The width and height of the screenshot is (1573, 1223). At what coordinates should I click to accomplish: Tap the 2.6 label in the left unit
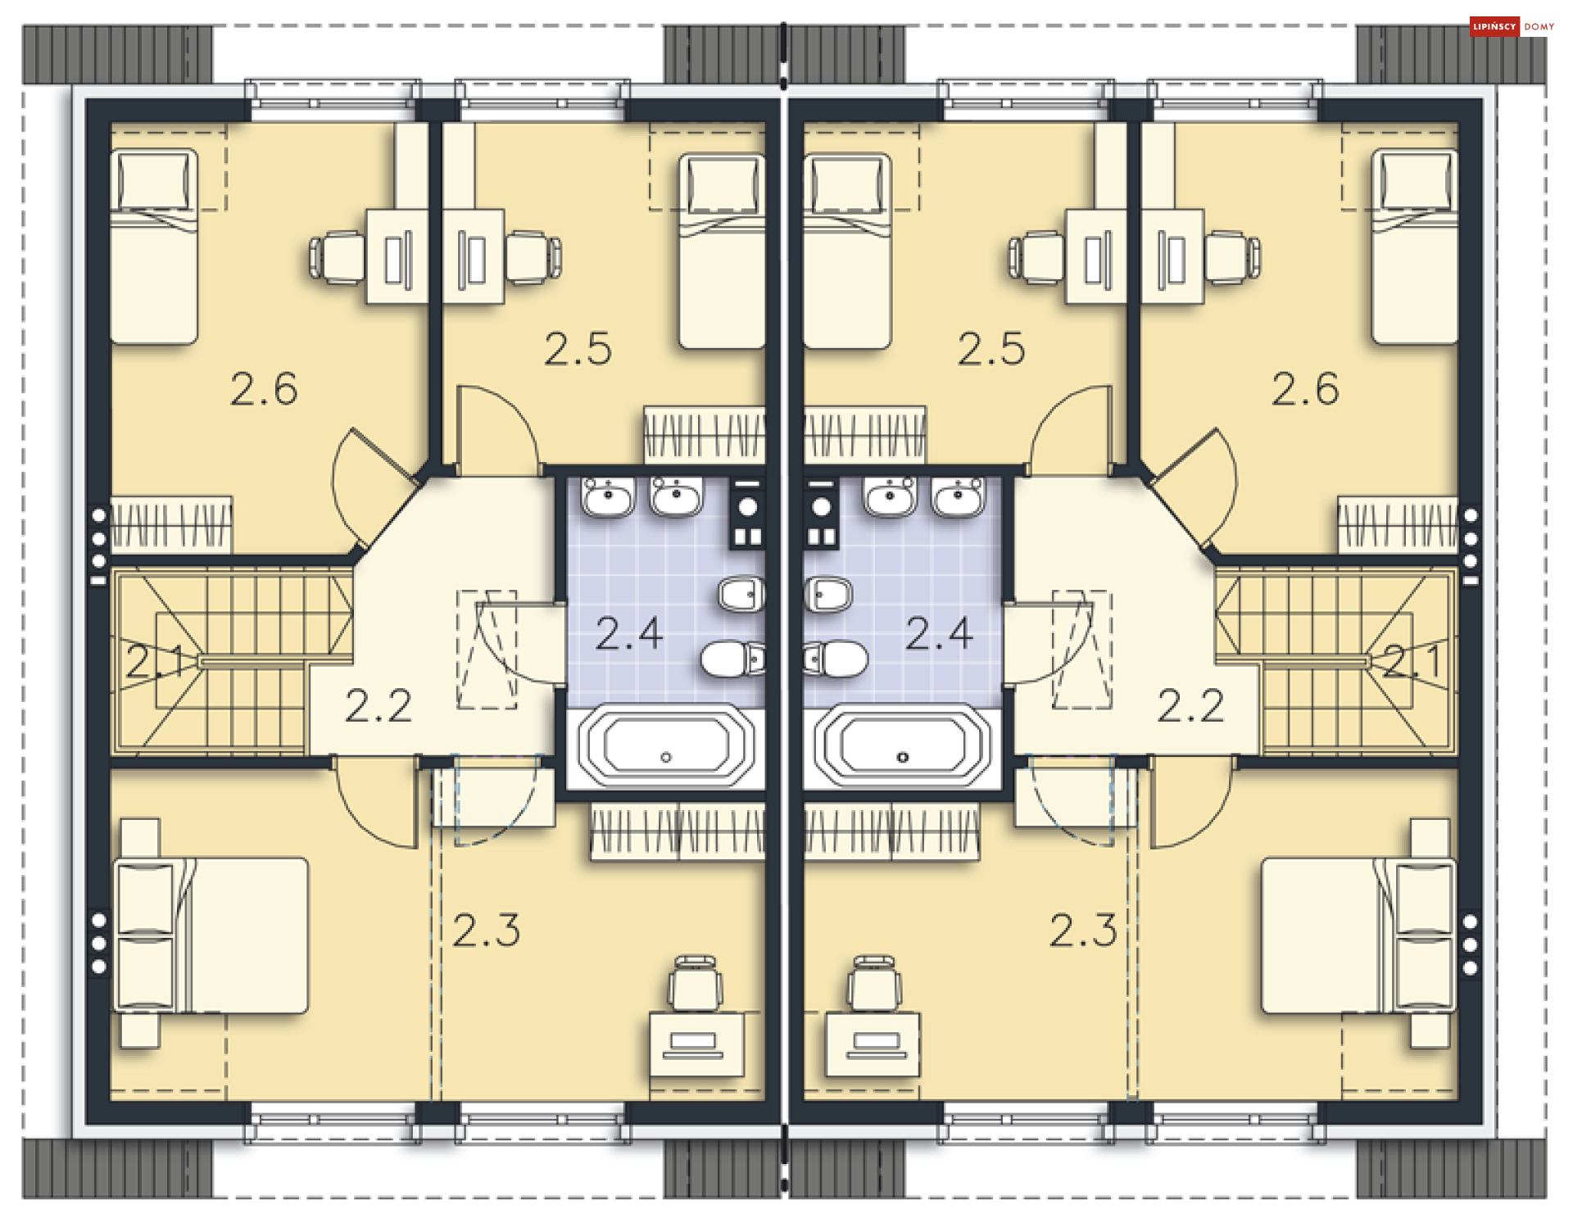pyautogui.click(x=264, y=389)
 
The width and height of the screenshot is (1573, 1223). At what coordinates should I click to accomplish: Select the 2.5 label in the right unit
pyautogui.click(x=991, y=349)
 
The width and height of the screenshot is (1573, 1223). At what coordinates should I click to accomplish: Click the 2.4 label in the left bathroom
pyautogui.click(x=628, y=633)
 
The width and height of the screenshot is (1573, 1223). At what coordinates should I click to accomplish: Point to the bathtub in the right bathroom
pyautogui.click(x=903, y=748)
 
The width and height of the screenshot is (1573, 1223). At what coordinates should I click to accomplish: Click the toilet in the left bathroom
pyautogui.click(x=733, y=659)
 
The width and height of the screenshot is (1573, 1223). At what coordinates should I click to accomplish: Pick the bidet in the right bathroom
pyautogui.click(x=829, y=593)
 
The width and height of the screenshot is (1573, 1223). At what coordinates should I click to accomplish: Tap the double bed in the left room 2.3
pyautogui.click(x=211, y=935)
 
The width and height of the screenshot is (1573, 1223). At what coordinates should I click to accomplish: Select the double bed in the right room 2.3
pyautogui.click(x=1359, y=935)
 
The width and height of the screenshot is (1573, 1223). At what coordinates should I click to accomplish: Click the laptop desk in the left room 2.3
pyautogui.click(x=697, y=1044)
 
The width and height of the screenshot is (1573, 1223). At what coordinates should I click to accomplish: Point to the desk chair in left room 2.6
pyautogui.click(x=337, y=258)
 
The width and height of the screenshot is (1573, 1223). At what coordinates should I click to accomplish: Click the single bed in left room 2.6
pyautogui.click(x=154, y=246)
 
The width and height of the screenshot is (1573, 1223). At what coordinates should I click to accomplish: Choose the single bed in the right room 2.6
pyautogui.click(x=1415, y=246)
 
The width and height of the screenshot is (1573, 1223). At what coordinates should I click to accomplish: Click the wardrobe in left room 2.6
pyautogui.click(x=171, y=523)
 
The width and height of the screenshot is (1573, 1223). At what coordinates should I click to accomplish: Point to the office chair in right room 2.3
pyautogui.click(x=874, y=983)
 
